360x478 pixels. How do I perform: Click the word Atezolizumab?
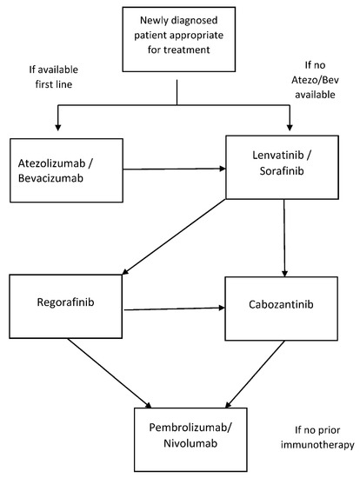point(51,163)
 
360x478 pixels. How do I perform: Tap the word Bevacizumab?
point(50,178)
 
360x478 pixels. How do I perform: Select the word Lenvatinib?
point(278,156)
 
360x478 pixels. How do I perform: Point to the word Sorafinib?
point(282,170)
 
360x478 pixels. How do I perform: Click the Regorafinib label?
point(65,302)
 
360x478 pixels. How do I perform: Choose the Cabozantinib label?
point(281,304)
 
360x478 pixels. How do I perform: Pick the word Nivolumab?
point(190,443)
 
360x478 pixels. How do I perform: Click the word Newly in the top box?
point(153,21)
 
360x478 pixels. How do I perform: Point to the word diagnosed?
point(194,21)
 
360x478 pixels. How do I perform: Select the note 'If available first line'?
point(54,76)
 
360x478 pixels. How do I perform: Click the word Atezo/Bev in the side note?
point(315,80)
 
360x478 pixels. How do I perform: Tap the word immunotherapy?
point(317,445)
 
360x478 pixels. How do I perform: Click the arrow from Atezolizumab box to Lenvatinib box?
point(174,169)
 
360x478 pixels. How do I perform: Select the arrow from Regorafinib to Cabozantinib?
point(174,309)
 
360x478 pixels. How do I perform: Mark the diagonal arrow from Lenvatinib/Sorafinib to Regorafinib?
point(174,237)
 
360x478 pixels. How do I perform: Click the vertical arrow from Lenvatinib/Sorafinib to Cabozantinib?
point(284,238)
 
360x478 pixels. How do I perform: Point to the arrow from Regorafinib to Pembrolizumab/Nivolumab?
point(110,374)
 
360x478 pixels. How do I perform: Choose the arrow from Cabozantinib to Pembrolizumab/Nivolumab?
point(255,375)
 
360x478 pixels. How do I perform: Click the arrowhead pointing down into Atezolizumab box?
point(57,128)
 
